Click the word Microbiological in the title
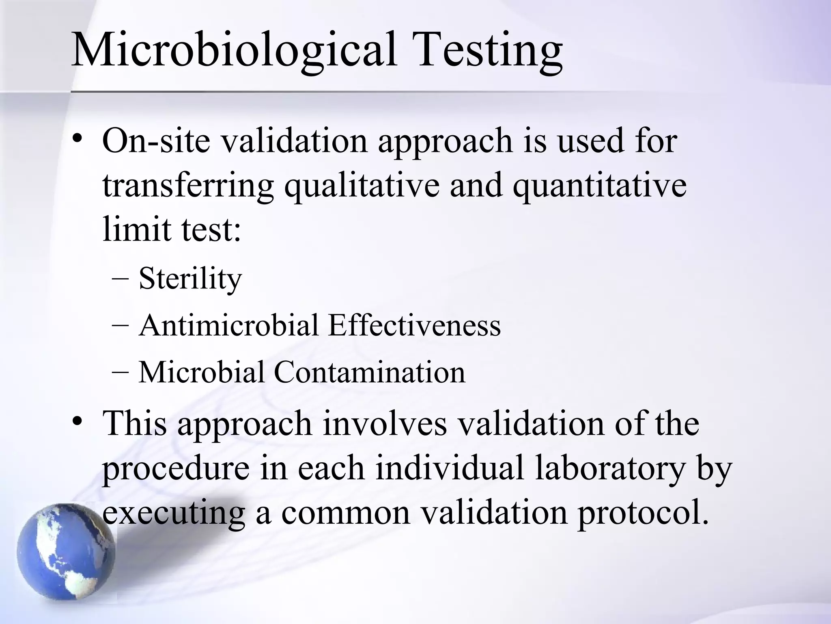[x=233, y=51]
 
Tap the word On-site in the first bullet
[x=156, y=141]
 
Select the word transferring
[x=188, y=186]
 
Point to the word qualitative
[x=362, y=186]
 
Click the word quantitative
[x=599, y=186]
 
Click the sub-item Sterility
[x=190, y=279]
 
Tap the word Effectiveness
[x=414, y=326]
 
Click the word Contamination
[x=369, y=373]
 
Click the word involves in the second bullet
[x=384, y=424]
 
